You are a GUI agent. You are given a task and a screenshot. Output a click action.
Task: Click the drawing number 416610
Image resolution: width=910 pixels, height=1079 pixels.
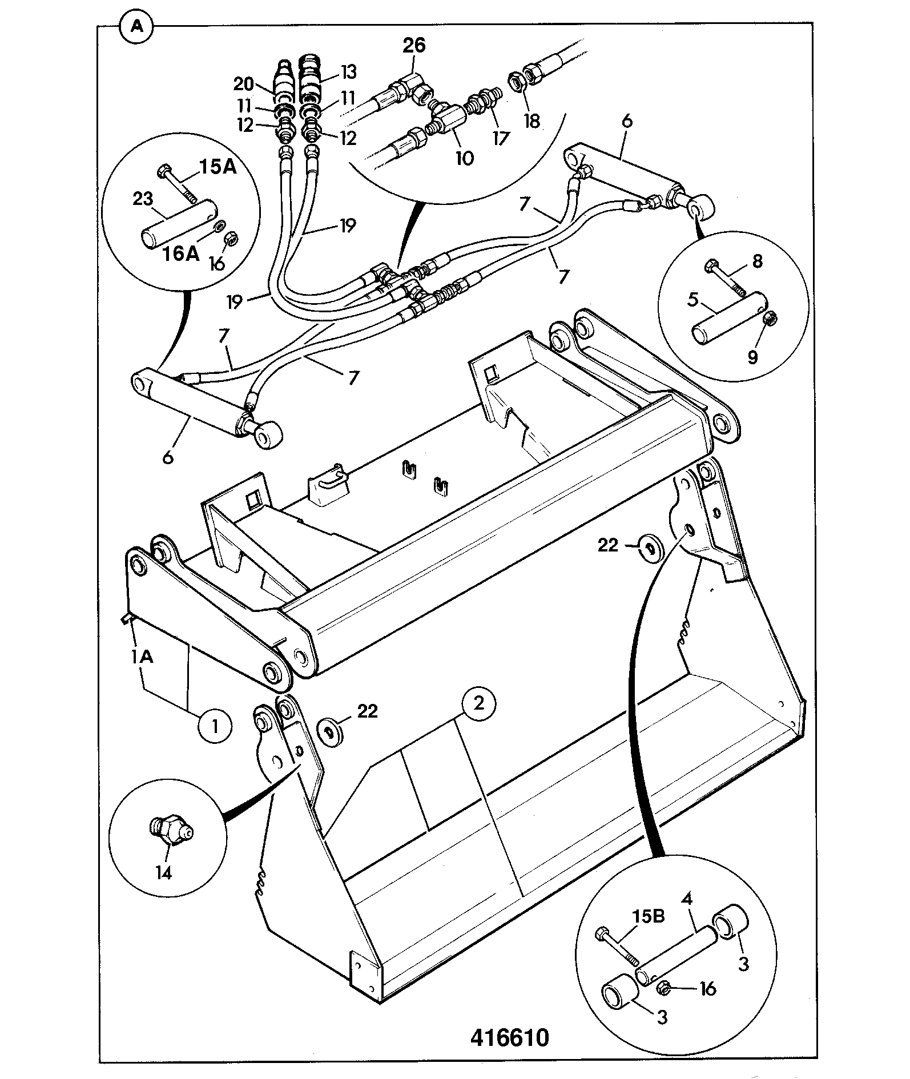pyautogui.click(x=509, y=1037)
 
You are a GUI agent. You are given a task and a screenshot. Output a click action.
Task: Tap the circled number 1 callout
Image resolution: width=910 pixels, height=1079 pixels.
pyautogui.click(x=215, y=727)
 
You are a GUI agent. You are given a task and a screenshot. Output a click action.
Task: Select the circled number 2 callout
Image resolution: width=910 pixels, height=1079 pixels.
pyautogui.click(x=478, y=703)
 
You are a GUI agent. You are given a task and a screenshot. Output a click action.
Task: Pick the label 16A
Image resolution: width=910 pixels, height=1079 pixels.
pyautogui.click(x=180, y=253)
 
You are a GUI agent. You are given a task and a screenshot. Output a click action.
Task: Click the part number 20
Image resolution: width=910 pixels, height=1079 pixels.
pyautogui.click(x=244, y=84)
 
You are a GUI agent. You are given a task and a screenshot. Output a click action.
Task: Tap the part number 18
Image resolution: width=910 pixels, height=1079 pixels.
pyautogui.click(x=531, y=121)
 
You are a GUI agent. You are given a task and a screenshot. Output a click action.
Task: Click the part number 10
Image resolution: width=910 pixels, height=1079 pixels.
pyautogui.click(x=465, y=158)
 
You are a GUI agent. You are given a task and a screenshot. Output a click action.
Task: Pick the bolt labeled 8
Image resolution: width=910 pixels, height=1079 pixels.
pyautogui.click(x=726, y=280)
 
